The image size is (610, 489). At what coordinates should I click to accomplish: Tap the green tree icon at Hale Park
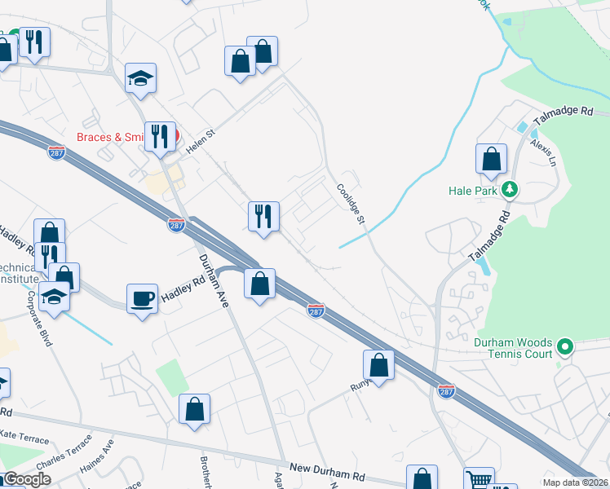pos(511,190)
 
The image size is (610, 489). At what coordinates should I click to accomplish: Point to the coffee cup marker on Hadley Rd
pos(142,298)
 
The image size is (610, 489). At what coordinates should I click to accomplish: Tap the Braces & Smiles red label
pos(110,137)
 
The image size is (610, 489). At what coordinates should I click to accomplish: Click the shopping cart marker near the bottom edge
pos(479,480)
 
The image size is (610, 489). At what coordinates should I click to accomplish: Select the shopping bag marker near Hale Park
pos(492,160)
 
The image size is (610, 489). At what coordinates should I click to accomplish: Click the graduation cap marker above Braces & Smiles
pos(141,79)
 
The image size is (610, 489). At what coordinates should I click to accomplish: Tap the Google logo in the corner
pos(26,479)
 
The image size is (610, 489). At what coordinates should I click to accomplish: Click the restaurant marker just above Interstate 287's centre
pos(263,217)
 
